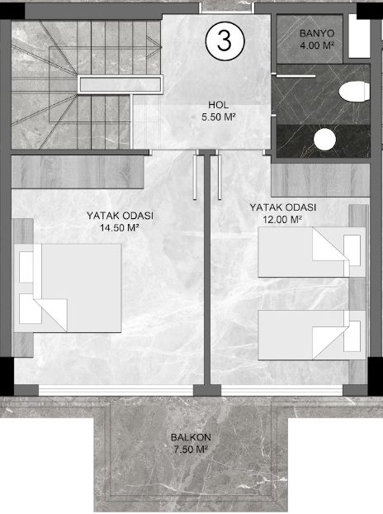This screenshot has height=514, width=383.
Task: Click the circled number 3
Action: tap(225, 41)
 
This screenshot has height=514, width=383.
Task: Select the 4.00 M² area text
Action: tap(317, 45)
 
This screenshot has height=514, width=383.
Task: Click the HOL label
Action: tap(219, 105)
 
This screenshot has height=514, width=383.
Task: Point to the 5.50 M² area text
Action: tap(219, 117)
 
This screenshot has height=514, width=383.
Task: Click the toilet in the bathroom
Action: tap(354, 92)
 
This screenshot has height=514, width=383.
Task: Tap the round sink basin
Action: tap(324, 140)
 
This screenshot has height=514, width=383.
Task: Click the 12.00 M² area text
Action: tap(282, 219)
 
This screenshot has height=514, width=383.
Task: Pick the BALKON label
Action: tap(191, 437)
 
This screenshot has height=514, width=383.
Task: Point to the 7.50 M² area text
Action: tap(191, 449)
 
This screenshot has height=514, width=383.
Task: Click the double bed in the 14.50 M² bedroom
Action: tap(68, 288)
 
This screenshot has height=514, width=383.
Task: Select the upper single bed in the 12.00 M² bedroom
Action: tap(312, 252)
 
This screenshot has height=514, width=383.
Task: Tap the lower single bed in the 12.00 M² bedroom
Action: tap(312, 335)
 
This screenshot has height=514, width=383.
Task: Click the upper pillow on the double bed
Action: tap(26, 267)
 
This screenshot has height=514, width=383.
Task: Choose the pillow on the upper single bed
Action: tap(352, 250)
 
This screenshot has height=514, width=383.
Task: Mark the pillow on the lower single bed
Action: tap(352, 336)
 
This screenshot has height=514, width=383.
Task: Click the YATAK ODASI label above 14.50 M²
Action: tap(120, 216)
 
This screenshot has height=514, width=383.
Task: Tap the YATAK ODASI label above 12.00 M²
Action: tap(283, 207)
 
